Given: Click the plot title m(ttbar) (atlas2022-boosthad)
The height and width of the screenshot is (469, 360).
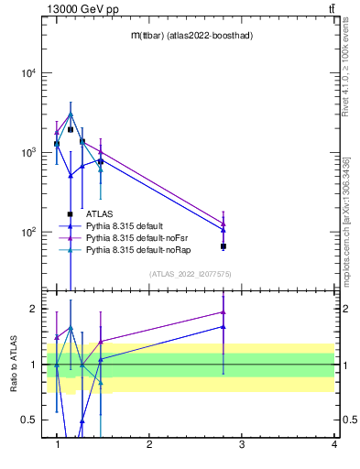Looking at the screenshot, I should click(x=192, y=35).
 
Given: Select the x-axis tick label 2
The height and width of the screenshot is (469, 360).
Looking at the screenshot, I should click(x=149, y=445).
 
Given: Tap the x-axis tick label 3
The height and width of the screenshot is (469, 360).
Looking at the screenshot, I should click(x=242, y=445).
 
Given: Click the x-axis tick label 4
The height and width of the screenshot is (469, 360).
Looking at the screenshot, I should click(x=333, y=445).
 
